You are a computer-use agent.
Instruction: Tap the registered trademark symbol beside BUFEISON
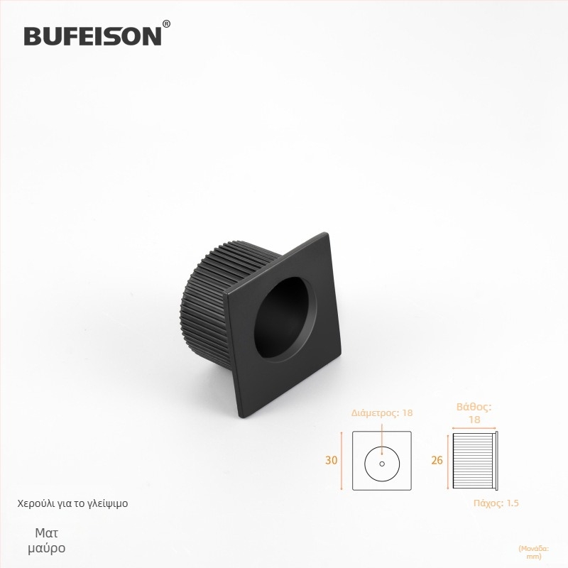166,24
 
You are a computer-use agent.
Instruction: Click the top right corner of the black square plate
328,233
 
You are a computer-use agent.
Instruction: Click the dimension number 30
331,460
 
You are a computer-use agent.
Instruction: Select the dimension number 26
437,460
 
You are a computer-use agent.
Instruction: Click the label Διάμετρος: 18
382,413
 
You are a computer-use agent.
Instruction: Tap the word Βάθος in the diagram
474,406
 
